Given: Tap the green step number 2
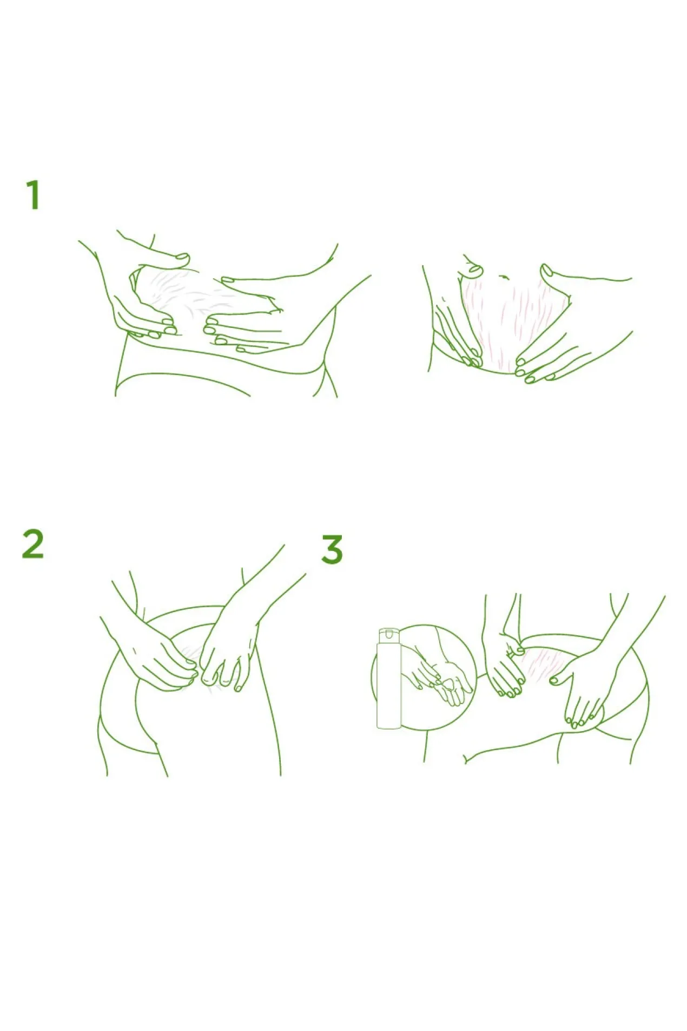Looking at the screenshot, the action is coord(32,544).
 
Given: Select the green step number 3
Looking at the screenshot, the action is coord(332,549).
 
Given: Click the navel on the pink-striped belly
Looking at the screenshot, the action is coord(504,277).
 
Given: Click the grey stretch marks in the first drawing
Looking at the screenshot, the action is coord(184,295).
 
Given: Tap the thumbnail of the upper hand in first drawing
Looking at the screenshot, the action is coord(183,257).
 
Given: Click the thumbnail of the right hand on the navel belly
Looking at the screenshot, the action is coord(546,270).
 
